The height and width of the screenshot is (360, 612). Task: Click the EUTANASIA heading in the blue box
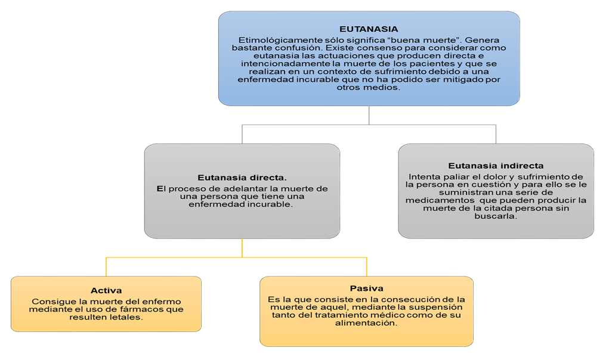point(368,29)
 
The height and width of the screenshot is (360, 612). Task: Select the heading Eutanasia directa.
point(242,177)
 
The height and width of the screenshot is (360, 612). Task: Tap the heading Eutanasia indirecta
point(496,166)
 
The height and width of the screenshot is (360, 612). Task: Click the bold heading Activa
point(106,290)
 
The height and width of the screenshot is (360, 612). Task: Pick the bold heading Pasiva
point(366,288)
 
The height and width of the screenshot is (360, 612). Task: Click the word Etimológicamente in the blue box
point(272,40)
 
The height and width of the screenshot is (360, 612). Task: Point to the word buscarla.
point(496,216)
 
